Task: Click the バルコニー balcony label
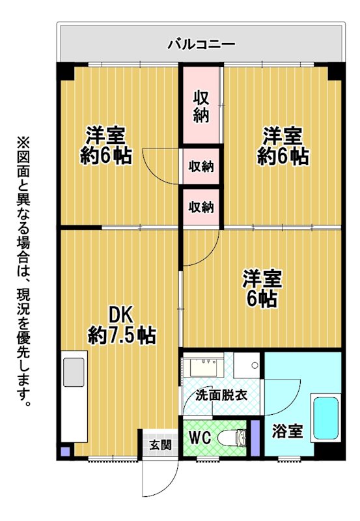click(202, 44)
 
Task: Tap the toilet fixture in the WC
click(232, 437)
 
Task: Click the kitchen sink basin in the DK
click(74, 372)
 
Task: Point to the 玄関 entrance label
click(160, 445)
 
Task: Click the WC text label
click(200, 438)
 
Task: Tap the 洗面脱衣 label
click(221, 395)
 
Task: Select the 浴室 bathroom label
click(288, 431)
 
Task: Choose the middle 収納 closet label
click(201, 166)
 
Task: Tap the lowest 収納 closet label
click(201, 207)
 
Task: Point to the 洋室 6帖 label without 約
click(262, 289)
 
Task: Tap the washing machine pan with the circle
click(247, 365)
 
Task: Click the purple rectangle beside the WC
click(255, 438)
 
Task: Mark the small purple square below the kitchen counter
click(66, 451)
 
